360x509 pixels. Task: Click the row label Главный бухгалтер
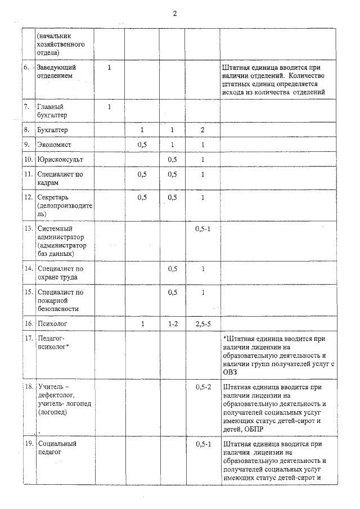pos(52,111)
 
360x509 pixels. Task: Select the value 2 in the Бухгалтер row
pos(202,130)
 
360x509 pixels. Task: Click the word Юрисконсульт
pos(60,160)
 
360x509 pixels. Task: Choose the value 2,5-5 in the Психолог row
pos(202,324)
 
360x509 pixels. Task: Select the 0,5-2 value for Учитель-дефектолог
pos(202,387)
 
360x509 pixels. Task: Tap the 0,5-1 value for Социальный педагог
pos(202,444)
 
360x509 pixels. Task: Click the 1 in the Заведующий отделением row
pos(109,67)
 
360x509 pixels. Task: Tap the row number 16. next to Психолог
pos(27,324)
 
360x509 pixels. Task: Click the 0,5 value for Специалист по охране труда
pos(173,269)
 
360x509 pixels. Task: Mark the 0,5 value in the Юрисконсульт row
pos(173,160)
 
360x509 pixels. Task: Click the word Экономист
pos(56,145)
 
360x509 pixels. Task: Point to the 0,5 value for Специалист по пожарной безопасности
pos(173,292)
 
